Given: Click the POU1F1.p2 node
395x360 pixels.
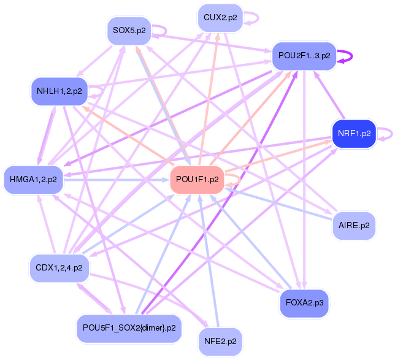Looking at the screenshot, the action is point(197,180).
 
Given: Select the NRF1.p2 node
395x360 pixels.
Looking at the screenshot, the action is point(354,134).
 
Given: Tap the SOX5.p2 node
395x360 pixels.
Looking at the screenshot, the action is point(129,31).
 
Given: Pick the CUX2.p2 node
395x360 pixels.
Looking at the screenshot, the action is point(220,18).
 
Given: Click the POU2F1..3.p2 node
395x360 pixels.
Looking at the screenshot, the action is point(304,56).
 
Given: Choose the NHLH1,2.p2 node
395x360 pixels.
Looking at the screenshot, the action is point(59,91).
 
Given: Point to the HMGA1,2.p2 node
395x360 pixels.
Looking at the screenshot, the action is point(34,180).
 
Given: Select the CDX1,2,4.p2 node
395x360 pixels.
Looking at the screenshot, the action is point(59,268).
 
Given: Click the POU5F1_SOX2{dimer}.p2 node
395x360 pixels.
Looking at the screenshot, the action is point(129,328).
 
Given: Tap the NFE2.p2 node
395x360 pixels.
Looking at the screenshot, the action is point(220,342).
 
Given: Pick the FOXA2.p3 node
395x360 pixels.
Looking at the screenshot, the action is point(304,303).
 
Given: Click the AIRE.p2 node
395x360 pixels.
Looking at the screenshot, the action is point(354,226).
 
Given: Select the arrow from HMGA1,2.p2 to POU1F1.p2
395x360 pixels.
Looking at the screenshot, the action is point(117,180).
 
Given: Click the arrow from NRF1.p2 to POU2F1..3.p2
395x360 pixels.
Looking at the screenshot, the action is point(329,95).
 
